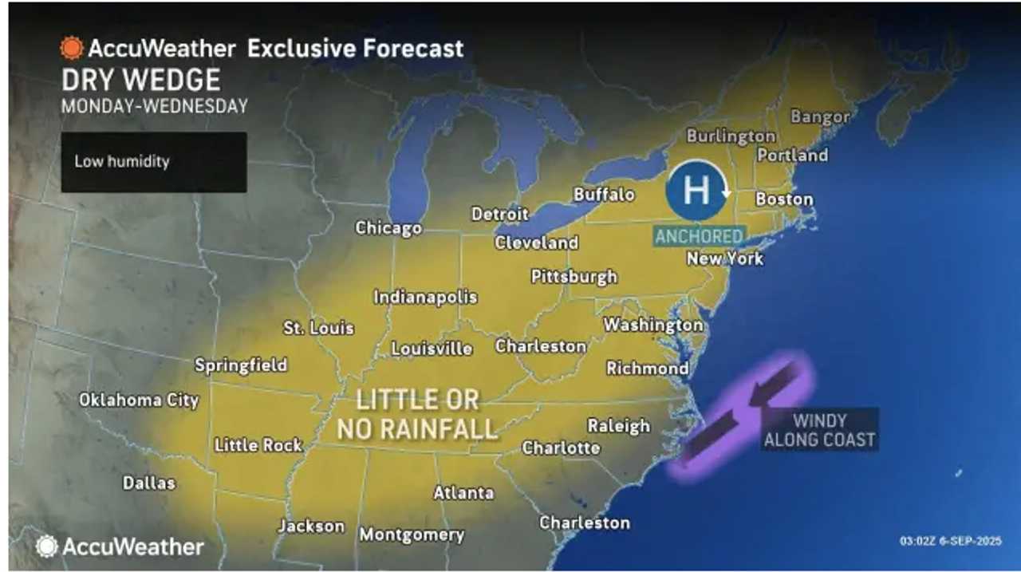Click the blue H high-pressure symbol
(x=697, y=191)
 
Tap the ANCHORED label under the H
(x=700, y=237)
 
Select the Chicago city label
(x=388, y=228)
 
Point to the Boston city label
(x=783, y=199)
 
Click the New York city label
(x=724, y=258)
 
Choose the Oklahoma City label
(x=139, y=400)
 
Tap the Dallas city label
(x=148, y=483)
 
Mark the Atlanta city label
(x=463, y=493)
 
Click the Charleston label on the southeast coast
(x=584, y=523)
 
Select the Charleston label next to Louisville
(x=541, y=346)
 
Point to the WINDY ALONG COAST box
(x=819, y=430)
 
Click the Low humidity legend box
(x=153, y=162)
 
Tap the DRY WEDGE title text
(x=140, y=80)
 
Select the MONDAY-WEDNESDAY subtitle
(x=154, y=106)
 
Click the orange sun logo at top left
(x=71, y=48)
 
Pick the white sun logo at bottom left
(x=46, y=546)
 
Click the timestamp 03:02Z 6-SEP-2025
(x=950, y=541)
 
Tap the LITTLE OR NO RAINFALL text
(x=417, y=414)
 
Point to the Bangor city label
(x=819, y=117)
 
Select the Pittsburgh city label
(x=574, y=277)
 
